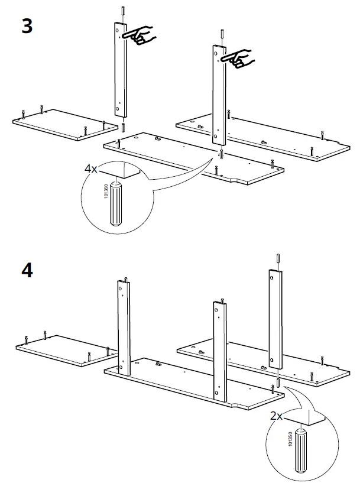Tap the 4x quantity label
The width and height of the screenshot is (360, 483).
90,169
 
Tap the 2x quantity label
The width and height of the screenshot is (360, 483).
276,416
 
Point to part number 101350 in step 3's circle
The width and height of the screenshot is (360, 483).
106,193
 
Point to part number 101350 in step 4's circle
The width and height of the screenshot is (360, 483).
290,440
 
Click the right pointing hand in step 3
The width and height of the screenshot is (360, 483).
240,58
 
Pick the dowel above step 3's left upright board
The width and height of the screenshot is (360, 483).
121,12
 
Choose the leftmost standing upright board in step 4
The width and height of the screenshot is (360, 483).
124,325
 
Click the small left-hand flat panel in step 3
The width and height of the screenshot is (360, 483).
59,124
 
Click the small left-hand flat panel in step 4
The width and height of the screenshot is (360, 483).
62,349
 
